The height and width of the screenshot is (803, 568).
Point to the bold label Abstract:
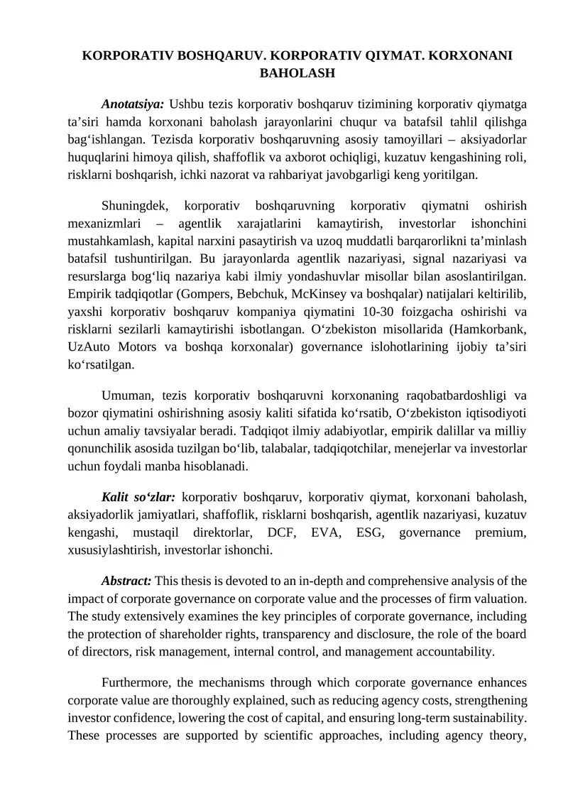tap(126, 580)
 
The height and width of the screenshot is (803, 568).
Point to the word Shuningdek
tap(135, 207)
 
